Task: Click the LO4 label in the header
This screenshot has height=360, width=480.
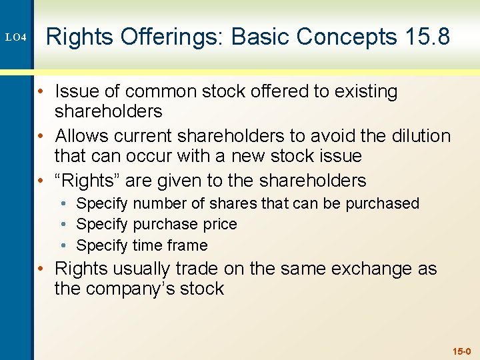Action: click(x=16, y=37)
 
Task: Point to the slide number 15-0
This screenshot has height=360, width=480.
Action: click(x=461, y=351)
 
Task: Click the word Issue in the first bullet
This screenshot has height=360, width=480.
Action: click(x=77, y=91)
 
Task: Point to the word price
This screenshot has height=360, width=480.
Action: click(x=219, y=224)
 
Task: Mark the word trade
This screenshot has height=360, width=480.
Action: click(x=197, y=269)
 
